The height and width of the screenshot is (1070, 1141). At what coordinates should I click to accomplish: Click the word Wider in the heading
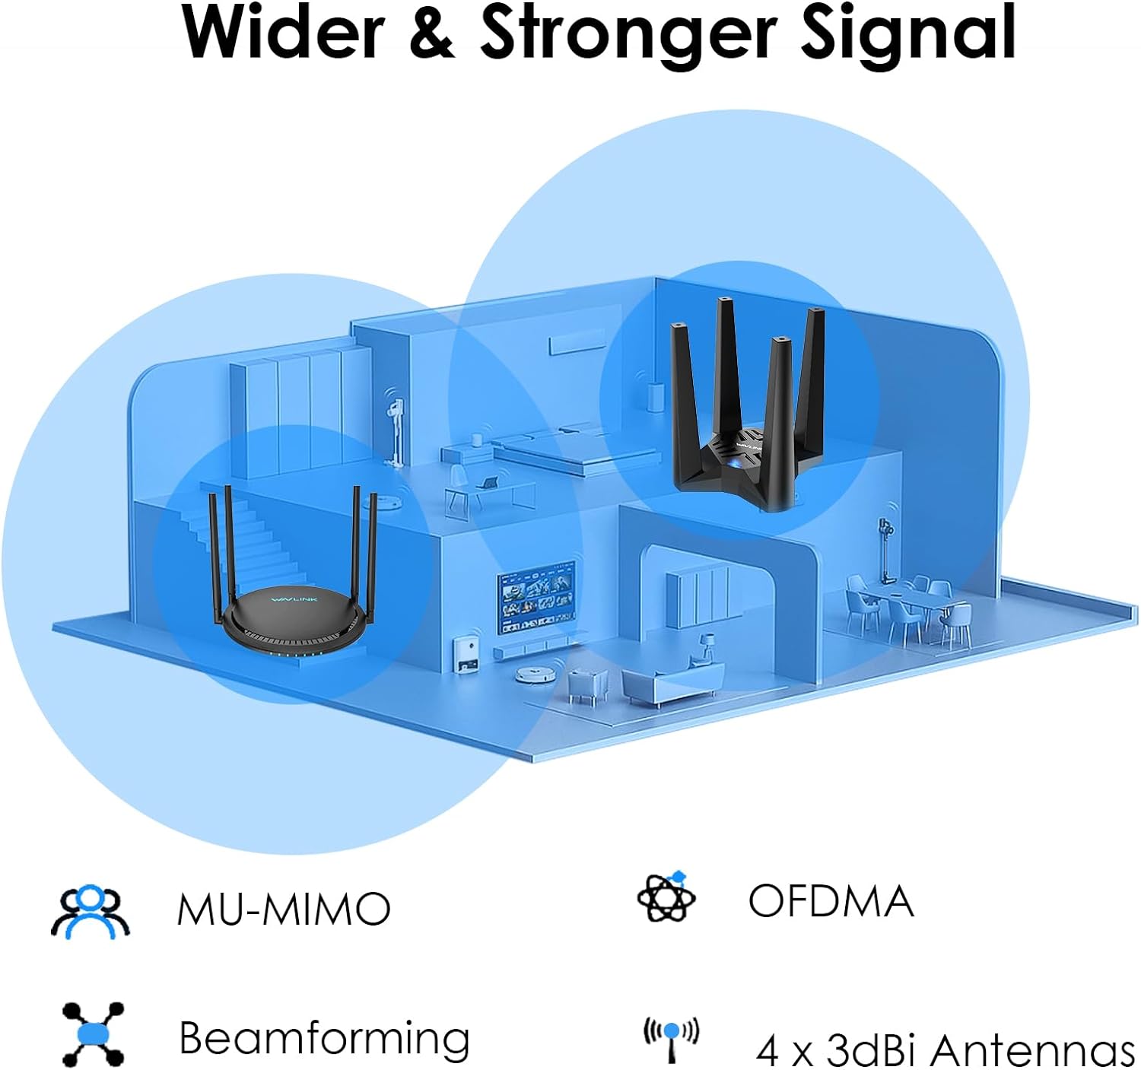282,32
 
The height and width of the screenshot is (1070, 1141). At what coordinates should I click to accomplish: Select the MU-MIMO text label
284,908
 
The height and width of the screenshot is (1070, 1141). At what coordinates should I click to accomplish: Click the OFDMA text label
831,901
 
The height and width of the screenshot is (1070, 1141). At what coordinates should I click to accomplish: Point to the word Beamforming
324,1037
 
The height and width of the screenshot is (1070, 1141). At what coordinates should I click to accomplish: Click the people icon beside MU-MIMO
90,911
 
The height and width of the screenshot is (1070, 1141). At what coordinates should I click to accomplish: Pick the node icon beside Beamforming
93,1034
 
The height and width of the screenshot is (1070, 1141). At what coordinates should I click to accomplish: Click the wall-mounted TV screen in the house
536,597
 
